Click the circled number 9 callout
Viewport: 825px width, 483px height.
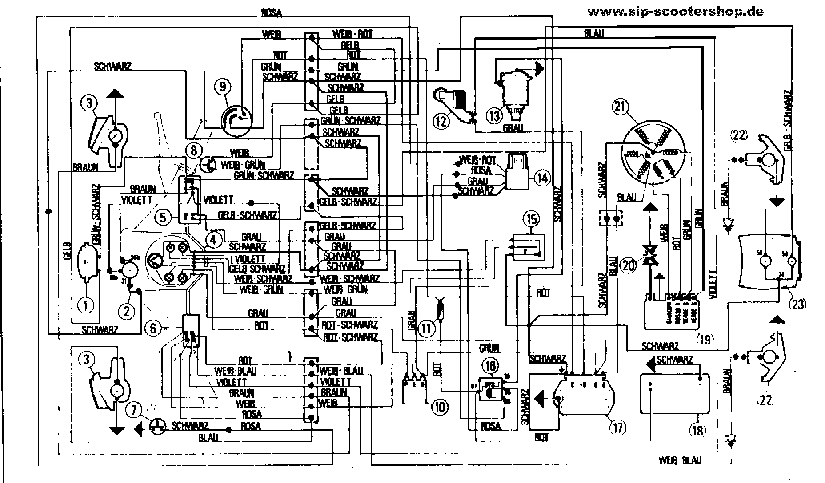tap(222, 87)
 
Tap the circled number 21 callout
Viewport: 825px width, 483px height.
tap(620, 107)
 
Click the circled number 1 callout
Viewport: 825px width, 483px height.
tap(86, 304)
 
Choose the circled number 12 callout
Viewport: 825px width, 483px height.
tap(441, 121)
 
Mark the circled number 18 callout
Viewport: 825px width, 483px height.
tap(696, 429)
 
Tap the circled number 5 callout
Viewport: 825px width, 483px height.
tap(163, 217)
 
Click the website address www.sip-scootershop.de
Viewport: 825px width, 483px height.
tap(675, 12)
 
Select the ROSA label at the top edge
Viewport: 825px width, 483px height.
tap(272, 12)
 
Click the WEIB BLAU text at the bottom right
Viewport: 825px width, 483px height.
tap(680, 462)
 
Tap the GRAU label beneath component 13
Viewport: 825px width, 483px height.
tap(513, 128)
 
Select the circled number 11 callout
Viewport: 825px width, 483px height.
tap(426, 329)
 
